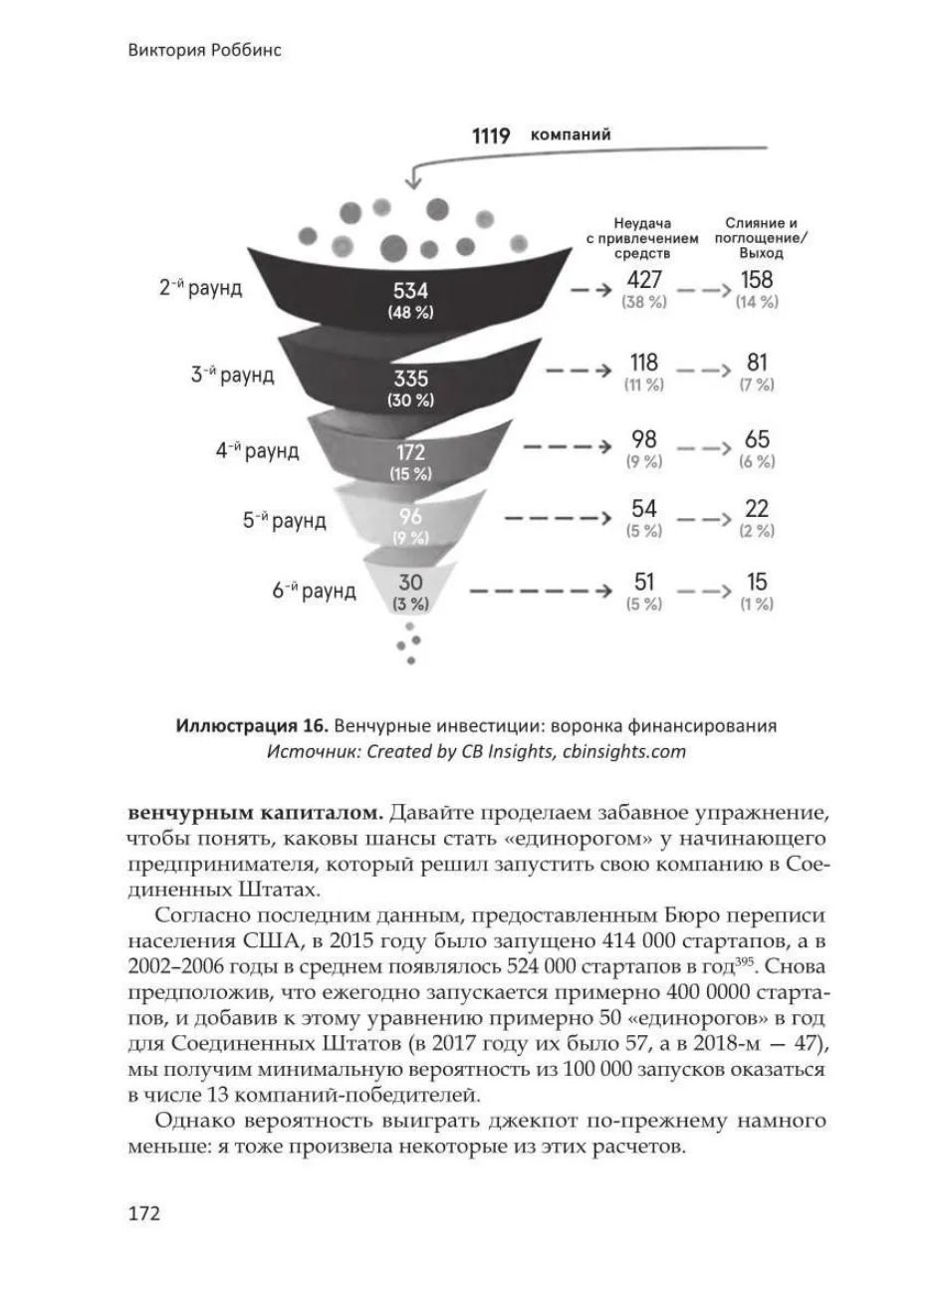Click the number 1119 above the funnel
[491, 135]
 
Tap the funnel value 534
[410, 291]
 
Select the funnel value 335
[410, 380]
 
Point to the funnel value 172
[410, 454]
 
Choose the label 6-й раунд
[314, 591]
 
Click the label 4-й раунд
[257, 450]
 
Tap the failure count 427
[644, 281]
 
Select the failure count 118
[644, 363]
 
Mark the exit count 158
[756, 281]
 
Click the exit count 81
[756, 363]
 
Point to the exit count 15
[756, 582]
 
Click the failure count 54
[644, 509]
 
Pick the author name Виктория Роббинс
[205, 51]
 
